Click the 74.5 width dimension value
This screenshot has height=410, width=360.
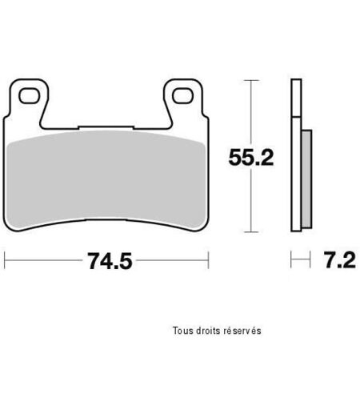(x=110, y=261)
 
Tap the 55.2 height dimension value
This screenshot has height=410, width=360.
(x=251, y=158)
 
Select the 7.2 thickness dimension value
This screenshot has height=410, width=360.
(x=340, y=260)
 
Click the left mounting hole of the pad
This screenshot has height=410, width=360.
(x=29, y=96)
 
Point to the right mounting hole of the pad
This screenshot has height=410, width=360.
(x=182, y=95)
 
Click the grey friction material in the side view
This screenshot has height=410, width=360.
(x=306, y=179)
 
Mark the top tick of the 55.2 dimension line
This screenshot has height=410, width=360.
(x=251, y=80)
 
